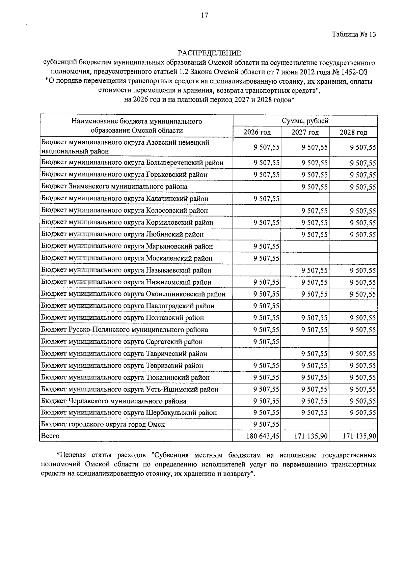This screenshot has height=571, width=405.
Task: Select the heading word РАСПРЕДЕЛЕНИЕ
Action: (209, 53)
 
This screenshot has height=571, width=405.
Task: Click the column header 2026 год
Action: (257, 132)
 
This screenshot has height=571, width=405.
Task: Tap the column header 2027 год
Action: (305, 132)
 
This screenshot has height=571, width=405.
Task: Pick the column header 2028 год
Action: (353, 132)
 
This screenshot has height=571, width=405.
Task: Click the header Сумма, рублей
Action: (305, 121)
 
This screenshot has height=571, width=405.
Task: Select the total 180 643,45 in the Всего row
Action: (263, 436)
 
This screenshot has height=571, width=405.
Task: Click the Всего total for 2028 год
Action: (359, 436)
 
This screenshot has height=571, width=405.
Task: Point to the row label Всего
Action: (50, 436)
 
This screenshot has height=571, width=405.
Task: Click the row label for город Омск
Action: (103, 424)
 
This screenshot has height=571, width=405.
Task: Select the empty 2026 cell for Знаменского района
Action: (257, 187)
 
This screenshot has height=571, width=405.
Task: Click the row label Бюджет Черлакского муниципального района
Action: (114, 401)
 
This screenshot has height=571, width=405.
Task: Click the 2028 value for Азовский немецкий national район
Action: (363, 147)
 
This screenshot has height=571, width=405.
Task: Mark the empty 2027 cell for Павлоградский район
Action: (305, 306)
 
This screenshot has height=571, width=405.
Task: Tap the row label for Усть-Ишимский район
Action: (130, 389)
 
